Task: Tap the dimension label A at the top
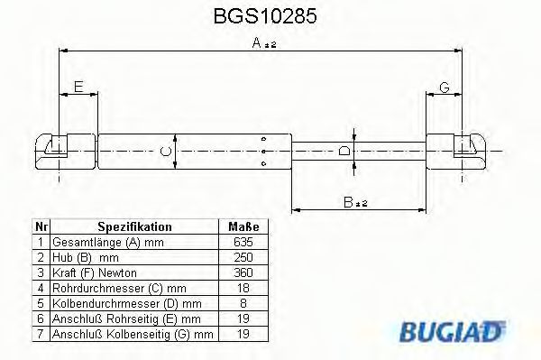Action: click(257, 42)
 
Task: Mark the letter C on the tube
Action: click(164, 151)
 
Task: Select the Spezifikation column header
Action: click(133, 226)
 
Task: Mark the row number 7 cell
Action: click(40, 334)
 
